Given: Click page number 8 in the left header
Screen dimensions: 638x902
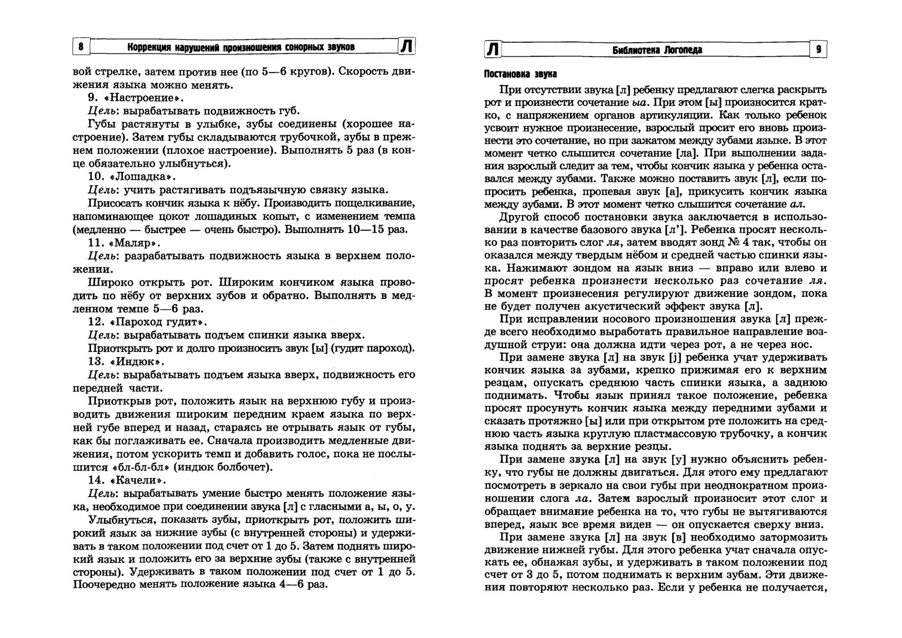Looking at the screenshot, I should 81,47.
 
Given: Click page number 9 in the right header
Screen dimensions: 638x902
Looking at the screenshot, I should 818,49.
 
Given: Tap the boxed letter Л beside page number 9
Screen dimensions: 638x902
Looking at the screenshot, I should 493,49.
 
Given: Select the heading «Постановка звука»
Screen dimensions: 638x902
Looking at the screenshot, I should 520,74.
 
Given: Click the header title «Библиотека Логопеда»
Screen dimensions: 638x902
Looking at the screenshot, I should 657,50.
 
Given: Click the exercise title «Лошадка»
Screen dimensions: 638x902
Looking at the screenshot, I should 142,176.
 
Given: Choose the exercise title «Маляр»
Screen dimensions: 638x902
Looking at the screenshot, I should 135,242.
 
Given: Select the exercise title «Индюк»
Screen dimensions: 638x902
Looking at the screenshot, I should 136,361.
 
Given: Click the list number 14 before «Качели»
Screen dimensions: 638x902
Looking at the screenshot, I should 96,480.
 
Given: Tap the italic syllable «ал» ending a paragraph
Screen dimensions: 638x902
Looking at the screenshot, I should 796,204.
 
